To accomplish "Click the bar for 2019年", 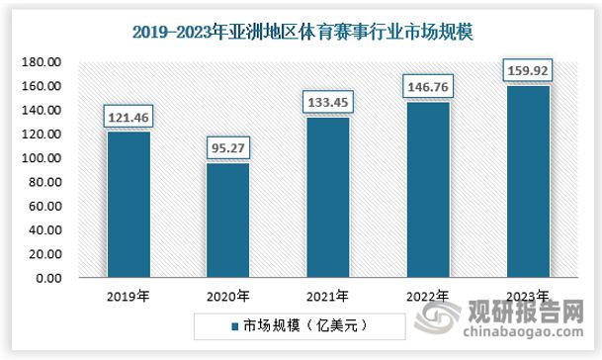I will click(129, 205).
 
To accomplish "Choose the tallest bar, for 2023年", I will click(528, 182).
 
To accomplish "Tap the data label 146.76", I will click(428, 88).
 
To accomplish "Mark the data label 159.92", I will click(528, 71).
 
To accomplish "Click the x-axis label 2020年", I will click(228, 295).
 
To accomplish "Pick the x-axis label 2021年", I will click(328, 295).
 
